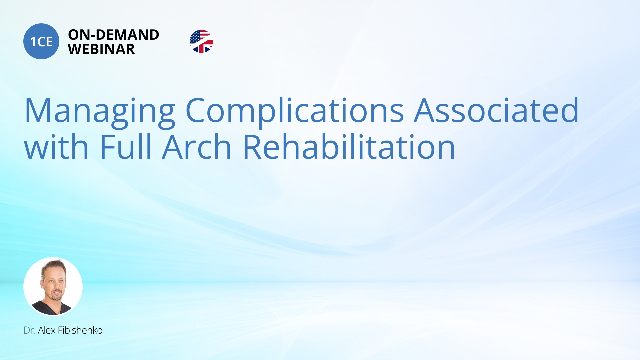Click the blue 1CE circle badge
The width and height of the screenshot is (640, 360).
point(41,41)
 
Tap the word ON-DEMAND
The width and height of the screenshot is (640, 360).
point(114,35)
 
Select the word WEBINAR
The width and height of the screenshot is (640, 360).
point(101,49)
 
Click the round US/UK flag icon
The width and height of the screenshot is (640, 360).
point(201,41)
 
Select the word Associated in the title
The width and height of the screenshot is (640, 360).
point(496,110)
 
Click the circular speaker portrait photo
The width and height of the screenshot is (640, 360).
point(53,286)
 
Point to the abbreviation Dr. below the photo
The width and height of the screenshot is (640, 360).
point(29,330)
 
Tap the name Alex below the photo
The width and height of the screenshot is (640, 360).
point(47,330)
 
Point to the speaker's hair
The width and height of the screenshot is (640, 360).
point(53,267)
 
